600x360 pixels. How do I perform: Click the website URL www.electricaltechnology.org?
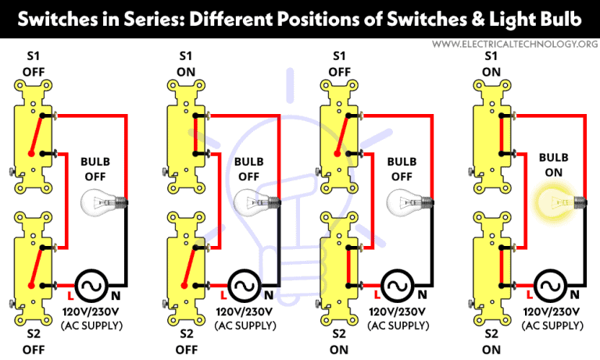(514, 44)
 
